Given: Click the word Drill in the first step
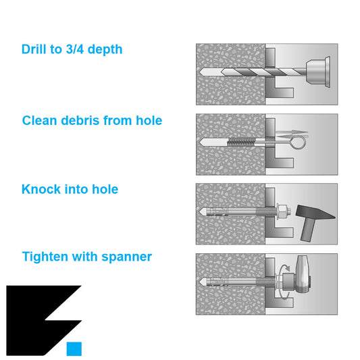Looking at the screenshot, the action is (34, 49).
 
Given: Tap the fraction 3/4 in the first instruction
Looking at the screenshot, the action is (74, 49).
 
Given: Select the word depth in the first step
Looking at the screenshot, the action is (105, 49).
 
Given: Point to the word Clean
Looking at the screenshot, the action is (39, 120).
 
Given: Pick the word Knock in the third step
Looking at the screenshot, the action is (41, 189).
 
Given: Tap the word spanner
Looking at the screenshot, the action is (126, 257).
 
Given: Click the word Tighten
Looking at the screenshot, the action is (45, 257).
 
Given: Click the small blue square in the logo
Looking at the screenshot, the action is (74, 349).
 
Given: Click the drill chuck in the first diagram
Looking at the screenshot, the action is (318, 72).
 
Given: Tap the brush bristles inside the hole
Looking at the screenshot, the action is (241, 142).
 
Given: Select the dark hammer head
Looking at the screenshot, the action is (314, 212).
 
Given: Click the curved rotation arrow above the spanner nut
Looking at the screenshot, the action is (284, 266).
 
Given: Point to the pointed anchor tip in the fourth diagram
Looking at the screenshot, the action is (202, 282).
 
